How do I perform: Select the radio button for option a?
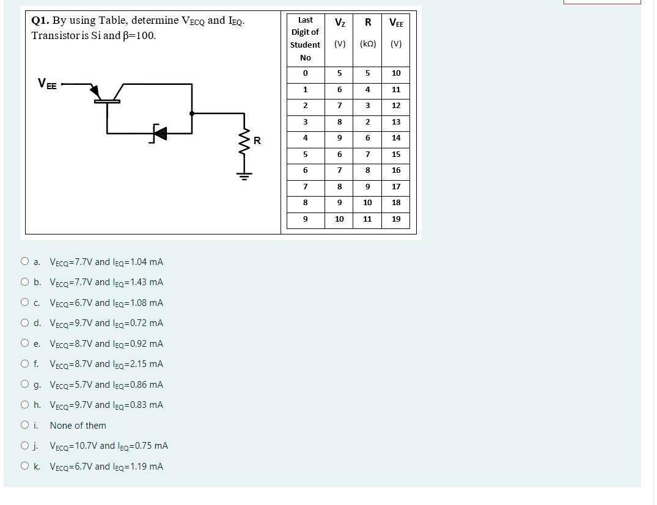click(x=24, y=261)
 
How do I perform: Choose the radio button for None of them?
click(x=24, y=425)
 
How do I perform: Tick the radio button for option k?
click(x=24, y=466)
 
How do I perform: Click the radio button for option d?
click(x=24, y=322)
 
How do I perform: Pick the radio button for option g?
click(x=24, y=384)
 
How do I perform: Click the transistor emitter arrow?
click(x=95, y=92)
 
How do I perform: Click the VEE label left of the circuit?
click(x=47, y=84)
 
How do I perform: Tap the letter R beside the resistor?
click(x=257, y=141)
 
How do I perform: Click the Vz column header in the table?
click(x=340, y=23)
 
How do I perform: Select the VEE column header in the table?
click(x=396, y=23)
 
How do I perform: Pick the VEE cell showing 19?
click(x=396, y=219)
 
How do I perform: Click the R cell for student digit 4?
click(x=367, y=138)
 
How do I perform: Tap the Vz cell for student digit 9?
click(x=339, y=219)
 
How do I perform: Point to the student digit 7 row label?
click(x=305, y=186)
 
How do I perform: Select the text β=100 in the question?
click(x=139, y=35)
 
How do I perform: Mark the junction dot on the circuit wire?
click(x=192, y=113)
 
